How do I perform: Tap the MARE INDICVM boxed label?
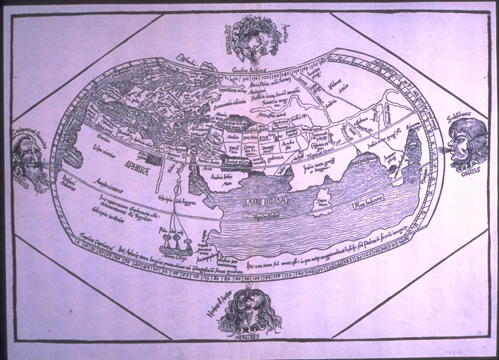point(267,201)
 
